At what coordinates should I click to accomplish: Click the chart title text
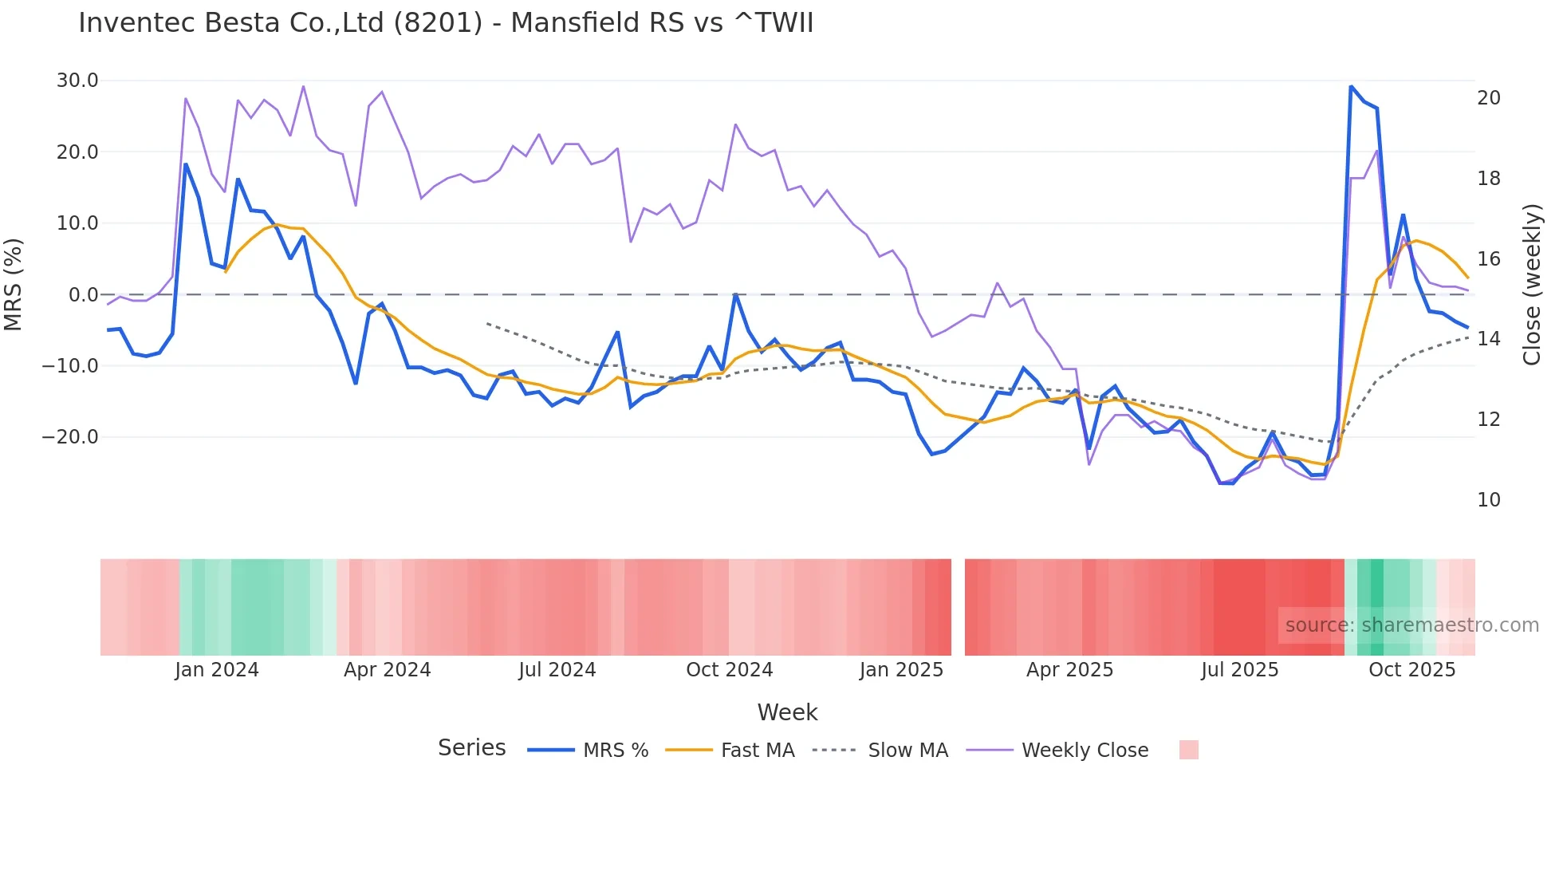[445, 22]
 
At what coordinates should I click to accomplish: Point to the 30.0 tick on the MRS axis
[77, 81]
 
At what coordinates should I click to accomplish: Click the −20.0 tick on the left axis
[70, 437]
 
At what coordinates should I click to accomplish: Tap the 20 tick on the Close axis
[1488, 98]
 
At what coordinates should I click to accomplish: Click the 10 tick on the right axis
[1488, 500]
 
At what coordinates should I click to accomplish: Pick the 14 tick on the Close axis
[1488, 339]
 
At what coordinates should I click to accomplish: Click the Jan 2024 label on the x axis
[217, 670]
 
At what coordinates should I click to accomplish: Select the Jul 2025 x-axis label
[1239, 670]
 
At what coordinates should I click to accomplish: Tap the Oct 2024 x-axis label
[729, 670]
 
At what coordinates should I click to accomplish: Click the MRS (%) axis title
[14, 284]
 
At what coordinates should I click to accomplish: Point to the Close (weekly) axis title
[1532, 284]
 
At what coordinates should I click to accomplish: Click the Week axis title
[787, 712]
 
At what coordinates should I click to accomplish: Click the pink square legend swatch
[1188, 750]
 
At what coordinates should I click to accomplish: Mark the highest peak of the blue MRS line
[1351, 86]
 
